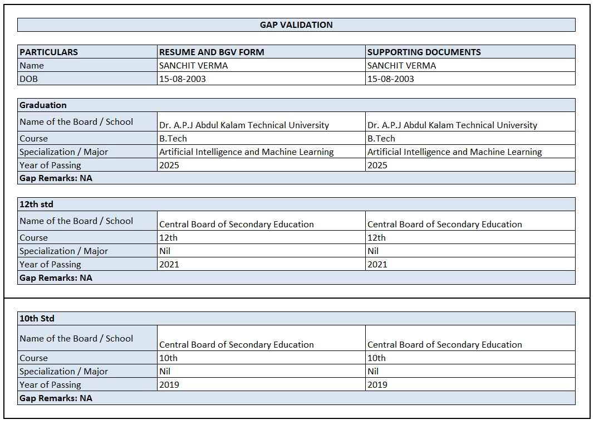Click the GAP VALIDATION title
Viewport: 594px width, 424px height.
tap(296, 25)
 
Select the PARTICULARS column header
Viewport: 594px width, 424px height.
tap(49, 52)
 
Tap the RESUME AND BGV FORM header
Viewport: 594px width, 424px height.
tap(212, 52)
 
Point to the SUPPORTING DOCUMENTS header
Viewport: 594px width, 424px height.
tap(424, 52)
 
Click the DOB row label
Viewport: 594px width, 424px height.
tap(29, 79)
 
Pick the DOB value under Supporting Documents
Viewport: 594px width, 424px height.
tap(391, 79)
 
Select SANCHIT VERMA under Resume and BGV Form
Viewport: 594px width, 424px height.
tap(194, 66)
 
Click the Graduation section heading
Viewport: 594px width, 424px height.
tap(43, 105)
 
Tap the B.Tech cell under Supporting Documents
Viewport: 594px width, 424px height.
tap(381, 139)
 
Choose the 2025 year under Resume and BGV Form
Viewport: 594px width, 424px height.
tap(169, 165)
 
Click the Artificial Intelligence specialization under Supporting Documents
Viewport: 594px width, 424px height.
tap(454, 152)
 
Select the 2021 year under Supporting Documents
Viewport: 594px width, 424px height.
tap(377, 265)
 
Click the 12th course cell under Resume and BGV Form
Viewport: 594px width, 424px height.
tap(169, 238)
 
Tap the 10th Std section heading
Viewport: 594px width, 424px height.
tap(37, 319)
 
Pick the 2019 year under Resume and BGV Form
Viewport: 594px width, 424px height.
tap(169, 385)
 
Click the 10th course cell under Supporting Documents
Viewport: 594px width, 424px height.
tap(376, 358)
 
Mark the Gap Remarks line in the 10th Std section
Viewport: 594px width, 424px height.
tap(56, 398)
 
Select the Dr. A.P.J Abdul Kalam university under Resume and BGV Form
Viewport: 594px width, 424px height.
tap(244, 125)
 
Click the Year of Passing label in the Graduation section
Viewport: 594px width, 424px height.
tap(50, 165)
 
